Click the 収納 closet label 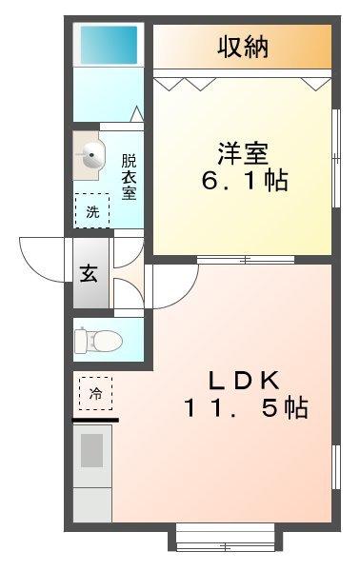click(x=242, y=45)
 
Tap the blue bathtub click(x=110, y=44)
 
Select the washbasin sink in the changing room click(x=91, y=156)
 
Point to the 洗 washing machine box click(x=92, y=208)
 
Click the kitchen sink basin click(x=92, y=449)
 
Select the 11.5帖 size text click(x=245, y=408)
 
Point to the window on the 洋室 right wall click(x=336, y=157)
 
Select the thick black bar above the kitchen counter click(x=95, y=419)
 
